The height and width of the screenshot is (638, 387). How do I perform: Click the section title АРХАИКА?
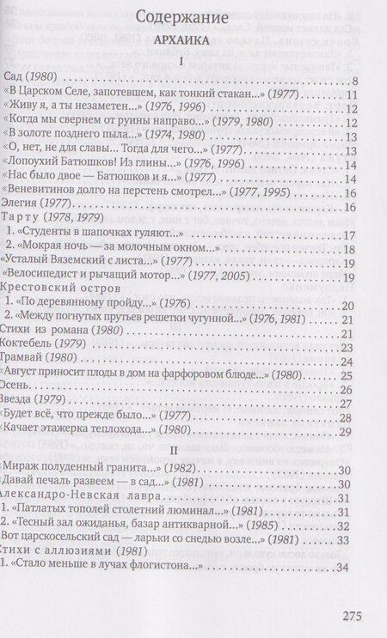(192, 39)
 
